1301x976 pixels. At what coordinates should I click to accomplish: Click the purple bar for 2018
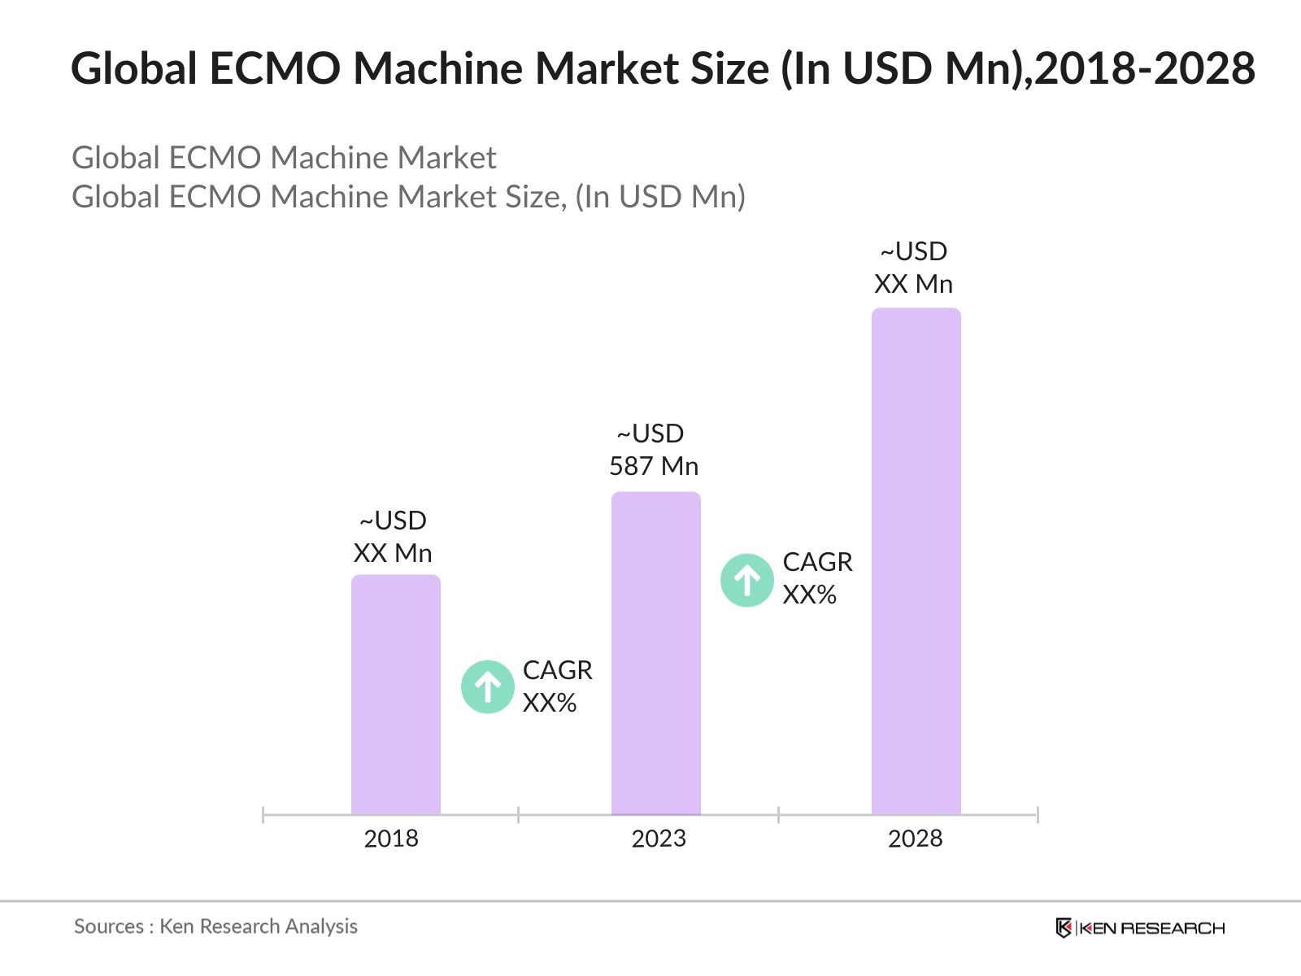(x=395, y=695)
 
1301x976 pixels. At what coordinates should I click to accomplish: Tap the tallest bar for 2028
(x=916, y=561)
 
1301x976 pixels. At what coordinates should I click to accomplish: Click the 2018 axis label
(x=391, y=839)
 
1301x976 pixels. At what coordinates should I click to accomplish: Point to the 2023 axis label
(x=659, y=839)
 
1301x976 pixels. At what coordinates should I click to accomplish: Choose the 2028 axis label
(x=915, y=839)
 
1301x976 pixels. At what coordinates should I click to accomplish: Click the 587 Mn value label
(x=653, y=466)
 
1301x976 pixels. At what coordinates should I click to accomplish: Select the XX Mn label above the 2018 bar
(x=393, y=553)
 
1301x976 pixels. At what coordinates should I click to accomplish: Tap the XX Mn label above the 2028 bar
(x=913, y=284)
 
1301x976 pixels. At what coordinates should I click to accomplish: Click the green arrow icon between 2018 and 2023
(x=488, y=687)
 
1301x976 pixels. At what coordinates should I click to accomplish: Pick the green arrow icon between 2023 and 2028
(x=747, y=581)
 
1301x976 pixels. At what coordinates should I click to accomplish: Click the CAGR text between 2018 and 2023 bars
(x=557, y=670)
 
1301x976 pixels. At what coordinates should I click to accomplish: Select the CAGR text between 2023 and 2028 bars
(x=817, y=562)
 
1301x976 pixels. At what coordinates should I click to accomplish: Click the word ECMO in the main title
(x=275, y=68)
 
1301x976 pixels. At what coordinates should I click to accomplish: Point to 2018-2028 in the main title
(x=1145, y=68)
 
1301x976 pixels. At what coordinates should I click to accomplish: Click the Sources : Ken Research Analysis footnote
(x=215, y=926)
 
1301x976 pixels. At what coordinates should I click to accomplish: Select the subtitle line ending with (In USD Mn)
(x=408, y=197)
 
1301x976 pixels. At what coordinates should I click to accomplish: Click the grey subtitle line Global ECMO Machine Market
(x=284, y=158)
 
